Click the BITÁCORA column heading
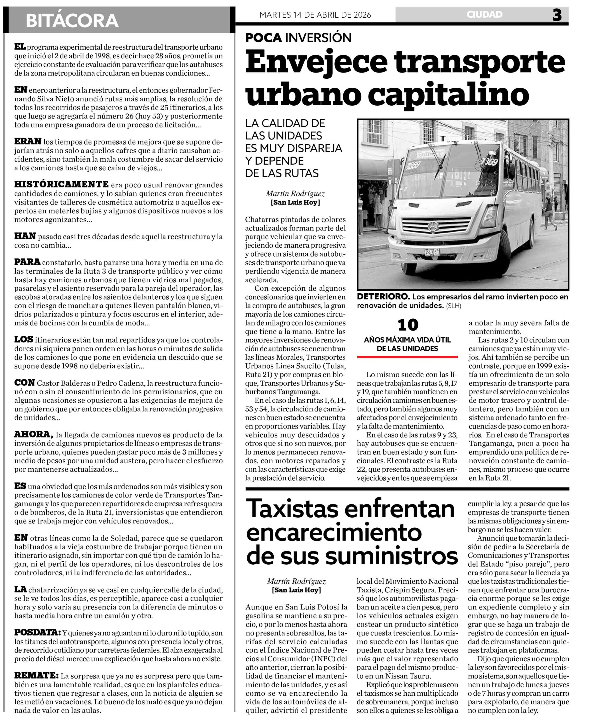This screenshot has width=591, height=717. tap(72, 20)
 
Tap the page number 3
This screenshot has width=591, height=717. tap(557, 15)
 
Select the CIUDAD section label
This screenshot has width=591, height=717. tap(484, 15)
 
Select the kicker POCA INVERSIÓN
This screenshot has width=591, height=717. tap(298, 38)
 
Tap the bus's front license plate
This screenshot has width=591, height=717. tap(432, 252)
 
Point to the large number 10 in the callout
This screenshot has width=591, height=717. tap(407, 325)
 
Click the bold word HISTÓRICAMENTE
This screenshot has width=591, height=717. tap(61, 184)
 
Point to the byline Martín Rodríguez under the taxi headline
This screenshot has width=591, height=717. tap(296, 581)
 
